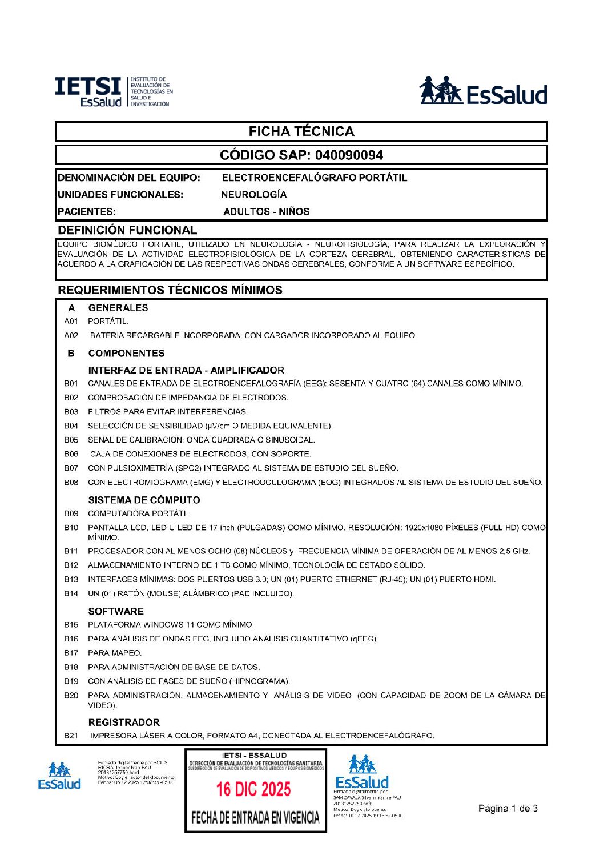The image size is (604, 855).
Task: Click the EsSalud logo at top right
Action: click(x=483, y=91)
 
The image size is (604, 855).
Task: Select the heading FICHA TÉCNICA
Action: click(x=301, y=131)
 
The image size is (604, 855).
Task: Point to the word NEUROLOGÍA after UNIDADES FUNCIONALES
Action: click(x=254, y=195)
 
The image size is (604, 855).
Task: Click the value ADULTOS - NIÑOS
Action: click(x=266, y=211)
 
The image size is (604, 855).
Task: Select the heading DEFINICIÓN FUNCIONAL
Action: click(x=127, y=230)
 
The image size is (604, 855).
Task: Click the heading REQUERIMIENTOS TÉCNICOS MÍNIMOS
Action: click(x=170, y=290)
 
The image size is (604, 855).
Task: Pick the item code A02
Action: click(x=71, y=335)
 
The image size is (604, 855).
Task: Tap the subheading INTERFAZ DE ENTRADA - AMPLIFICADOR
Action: click(x=186, y=370)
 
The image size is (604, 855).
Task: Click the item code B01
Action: click(x=71, y=384)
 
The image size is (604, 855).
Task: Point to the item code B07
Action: click(x=71, y=468)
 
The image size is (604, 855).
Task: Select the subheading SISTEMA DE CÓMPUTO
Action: click(x=144, y=500)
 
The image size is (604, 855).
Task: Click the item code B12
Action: click(x=71, y=565)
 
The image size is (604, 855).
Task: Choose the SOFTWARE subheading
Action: click(x=116, y=611)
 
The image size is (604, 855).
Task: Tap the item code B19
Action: click(x=71, y=681)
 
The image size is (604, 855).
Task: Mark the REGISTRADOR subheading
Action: click(x=124, y=722)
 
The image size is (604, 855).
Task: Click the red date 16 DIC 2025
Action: click(x=253, y=789)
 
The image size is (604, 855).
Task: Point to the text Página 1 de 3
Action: click(x=508, y=808)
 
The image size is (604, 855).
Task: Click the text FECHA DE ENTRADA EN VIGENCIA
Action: click(x=255, y=818)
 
